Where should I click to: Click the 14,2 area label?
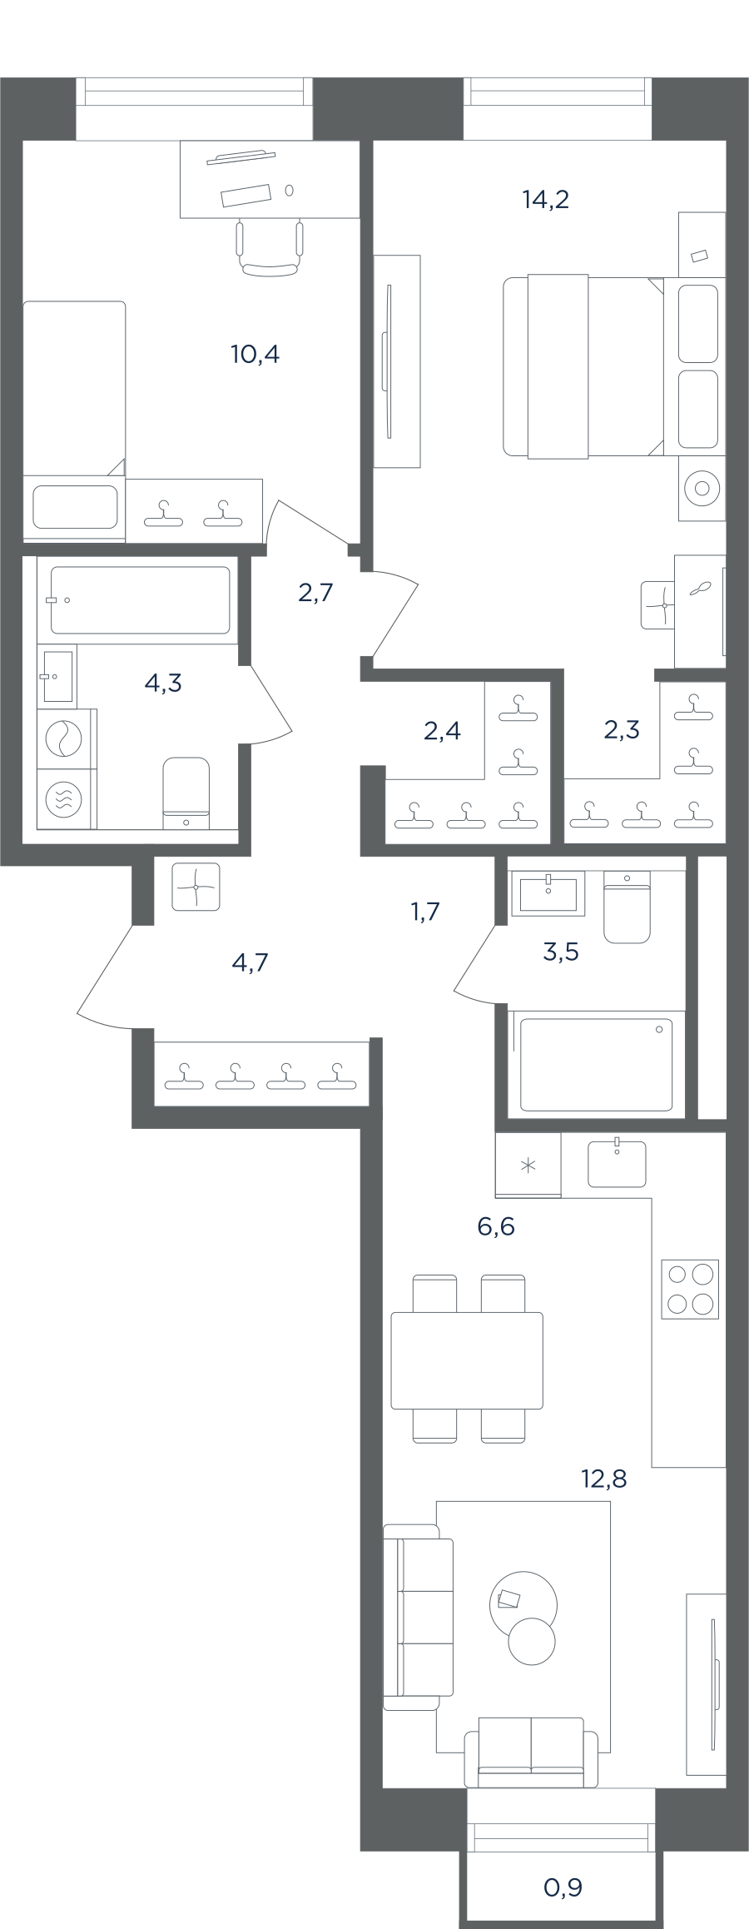point(546,200)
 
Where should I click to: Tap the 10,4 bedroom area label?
point(255,355)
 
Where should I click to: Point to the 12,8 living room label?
point(603,1479)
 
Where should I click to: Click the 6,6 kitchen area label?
point(496,1226)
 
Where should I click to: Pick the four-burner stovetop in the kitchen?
point(690,1290)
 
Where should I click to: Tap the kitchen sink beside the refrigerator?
point(617,1163)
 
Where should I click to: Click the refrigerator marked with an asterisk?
point(528,1165)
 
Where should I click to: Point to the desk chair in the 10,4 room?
point(270,247)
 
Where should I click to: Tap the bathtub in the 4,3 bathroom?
point(140,600)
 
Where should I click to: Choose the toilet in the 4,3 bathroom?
point(186,793)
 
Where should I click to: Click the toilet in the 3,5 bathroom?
point(627,907)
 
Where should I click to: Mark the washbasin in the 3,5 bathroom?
point(548,893)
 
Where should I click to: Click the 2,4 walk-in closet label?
point(442,731)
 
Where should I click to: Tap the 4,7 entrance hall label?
point(250,963)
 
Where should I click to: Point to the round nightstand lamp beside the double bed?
point(702,489)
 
